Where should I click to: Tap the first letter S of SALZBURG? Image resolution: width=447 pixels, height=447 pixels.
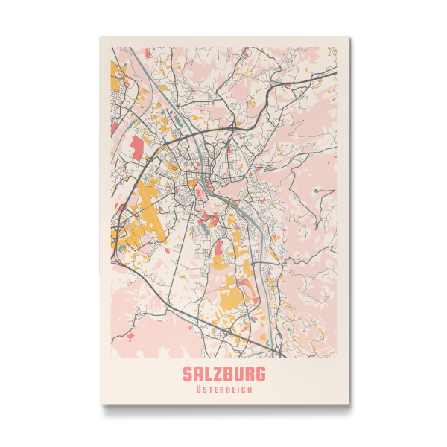point(187,373)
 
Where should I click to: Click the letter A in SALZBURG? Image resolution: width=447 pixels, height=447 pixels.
point(196,373)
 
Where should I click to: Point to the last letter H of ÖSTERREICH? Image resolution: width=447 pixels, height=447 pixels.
point(250,390)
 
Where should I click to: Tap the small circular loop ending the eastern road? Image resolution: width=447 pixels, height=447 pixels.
point(319,191)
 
